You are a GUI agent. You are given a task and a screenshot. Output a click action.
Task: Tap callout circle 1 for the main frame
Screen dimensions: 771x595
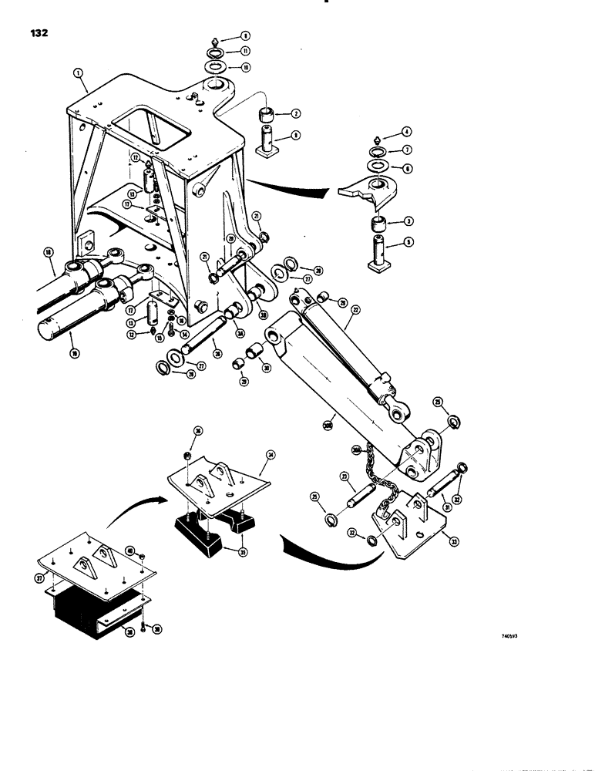pyautogui.click(x=77, y=72)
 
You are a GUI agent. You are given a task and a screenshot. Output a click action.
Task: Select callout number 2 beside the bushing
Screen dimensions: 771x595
pyautogui.click(x=296, y=113)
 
